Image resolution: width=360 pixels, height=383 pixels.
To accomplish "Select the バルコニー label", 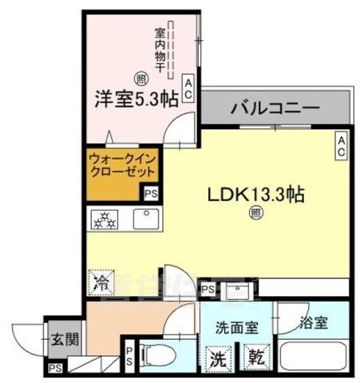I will (276, 109).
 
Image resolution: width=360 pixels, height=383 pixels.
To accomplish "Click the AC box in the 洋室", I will (188, 89).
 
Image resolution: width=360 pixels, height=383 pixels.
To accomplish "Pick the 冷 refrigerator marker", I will (99, 282).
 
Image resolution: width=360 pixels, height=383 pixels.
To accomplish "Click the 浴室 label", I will (313, 326).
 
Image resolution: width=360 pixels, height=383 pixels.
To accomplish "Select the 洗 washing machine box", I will (218, 358).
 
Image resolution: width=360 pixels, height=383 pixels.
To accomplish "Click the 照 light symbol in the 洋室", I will (140, 78).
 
